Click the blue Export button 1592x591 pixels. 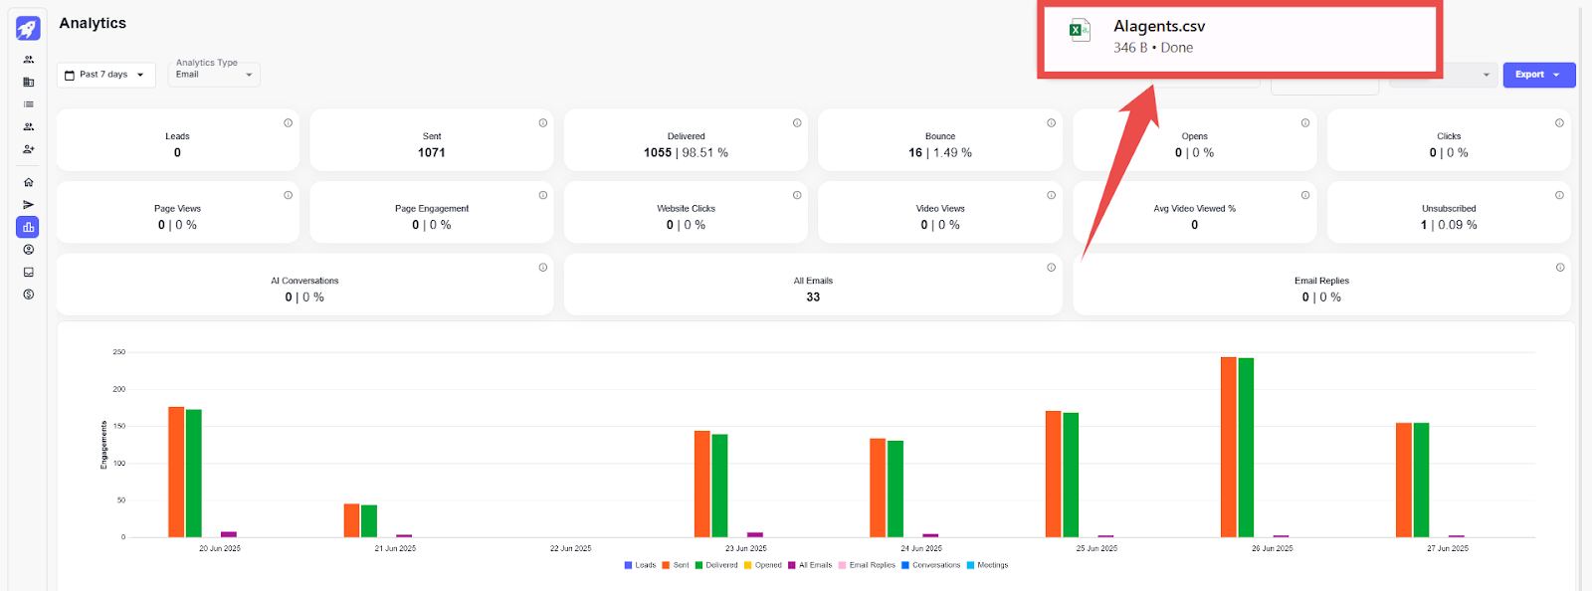click(x=1538, y=75)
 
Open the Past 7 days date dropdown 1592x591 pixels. click(x=105, y=75)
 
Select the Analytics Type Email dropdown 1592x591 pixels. click(x=214, y=75)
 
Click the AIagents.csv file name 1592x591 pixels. click(x=1159, y=27)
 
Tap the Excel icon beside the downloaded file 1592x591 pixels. click(x=1079, y=30)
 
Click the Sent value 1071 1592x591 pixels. click(x=432, y=153)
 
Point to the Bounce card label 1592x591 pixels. click(x=940, y=136)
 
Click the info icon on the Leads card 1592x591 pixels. click(x=289, y=123)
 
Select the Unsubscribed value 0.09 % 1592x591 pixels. click(x=1457, y=226)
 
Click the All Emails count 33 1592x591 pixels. click(x=813, y=297)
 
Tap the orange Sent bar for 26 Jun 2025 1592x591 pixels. click(x=1229, y=448)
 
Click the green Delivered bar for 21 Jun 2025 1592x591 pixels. click(x=369, y=520)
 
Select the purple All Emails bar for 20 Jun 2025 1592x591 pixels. click(x=229, y=534)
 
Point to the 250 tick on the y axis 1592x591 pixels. click(x=119, y=352)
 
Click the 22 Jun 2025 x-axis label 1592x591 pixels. click(x=570, y=548)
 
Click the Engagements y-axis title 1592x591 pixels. click(x=103, y=445)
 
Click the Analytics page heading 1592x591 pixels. click(x=93, y=23)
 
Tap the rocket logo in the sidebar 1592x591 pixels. click(x=28, y=28)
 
